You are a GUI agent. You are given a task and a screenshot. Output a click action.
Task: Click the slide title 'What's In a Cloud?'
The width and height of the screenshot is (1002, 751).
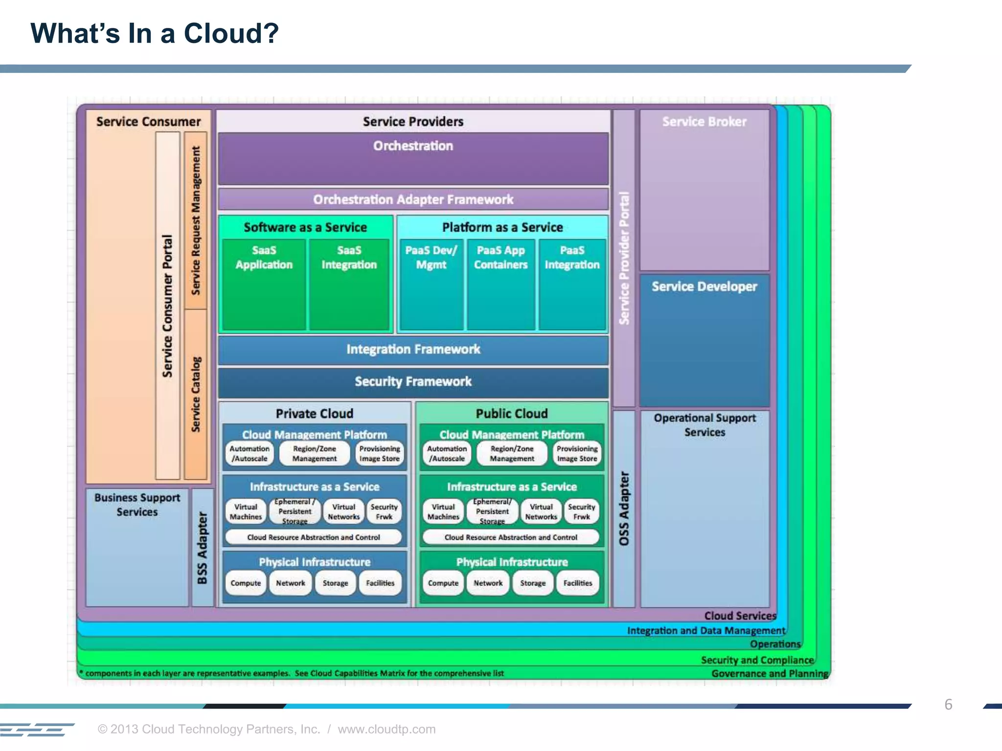[x=155, y=34]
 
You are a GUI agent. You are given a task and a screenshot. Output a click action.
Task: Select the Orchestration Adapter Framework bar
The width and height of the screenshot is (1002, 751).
[x=413, y=199]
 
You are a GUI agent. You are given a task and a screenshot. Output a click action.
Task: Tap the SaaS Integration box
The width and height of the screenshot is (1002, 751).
[x=349, y=284]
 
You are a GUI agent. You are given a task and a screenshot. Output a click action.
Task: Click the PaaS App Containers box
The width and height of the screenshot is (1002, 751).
[x=501, y=284]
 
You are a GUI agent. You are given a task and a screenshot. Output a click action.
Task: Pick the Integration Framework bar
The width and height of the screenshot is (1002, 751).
[x=413, y=350]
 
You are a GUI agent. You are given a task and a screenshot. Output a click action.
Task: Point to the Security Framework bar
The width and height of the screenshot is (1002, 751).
[x=413, y=382]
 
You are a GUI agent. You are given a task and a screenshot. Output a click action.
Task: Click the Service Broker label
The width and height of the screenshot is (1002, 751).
[x=704, y=122]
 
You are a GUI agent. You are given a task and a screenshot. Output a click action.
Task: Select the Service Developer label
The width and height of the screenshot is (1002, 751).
[x=704, y=287]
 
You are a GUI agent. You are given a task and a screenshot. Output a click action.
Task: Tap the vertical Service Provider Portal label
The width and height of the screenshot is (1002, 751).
[x=624, y=258]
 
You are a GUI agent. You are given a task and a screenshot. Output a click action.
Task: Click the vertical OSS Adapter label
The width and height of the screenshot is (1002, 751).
[x=624, y=508]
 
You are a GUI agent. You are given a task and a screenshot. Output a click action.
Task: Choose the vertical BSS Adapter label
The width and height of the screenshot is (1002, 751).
[x=202, y=548]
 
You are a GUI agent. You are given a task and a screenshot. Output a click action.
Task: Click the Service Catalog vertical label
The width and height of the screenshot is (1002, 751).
[x=196, y=394]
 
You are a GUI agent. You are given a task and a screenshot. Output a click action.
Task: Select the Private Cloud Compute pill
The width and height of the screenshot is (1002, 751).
[x=246, y=583]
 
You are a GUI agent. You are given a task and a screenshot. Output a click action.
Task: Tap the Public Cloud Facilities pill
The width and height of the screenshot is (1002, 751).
[x=577, y=583]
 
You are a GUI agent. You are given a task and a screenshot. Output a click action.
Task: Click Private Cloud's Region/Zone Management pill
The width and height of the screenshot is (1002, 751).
[x=315, y=454]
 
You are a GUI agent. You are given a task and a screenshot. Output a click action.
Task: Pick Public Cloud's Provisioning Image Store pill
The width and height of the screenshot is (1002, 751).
[x=577, y=454]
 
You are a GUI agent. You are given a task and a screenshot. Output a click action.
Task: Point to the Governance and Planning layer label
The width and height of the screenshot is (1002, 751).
[x=770, y=674]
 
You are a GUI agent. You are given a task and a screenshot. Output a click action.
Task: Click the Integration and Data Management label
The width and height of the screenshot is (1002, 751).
[x=706, y=631]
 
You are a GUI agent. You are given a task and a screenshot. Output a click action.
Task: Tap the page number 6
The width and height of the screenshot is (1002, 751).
[x=948, y=705]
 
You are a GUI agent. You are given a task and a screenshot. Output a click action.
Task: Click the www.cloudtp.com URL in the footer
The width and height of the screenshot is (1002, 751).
[x=387, y=729]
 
